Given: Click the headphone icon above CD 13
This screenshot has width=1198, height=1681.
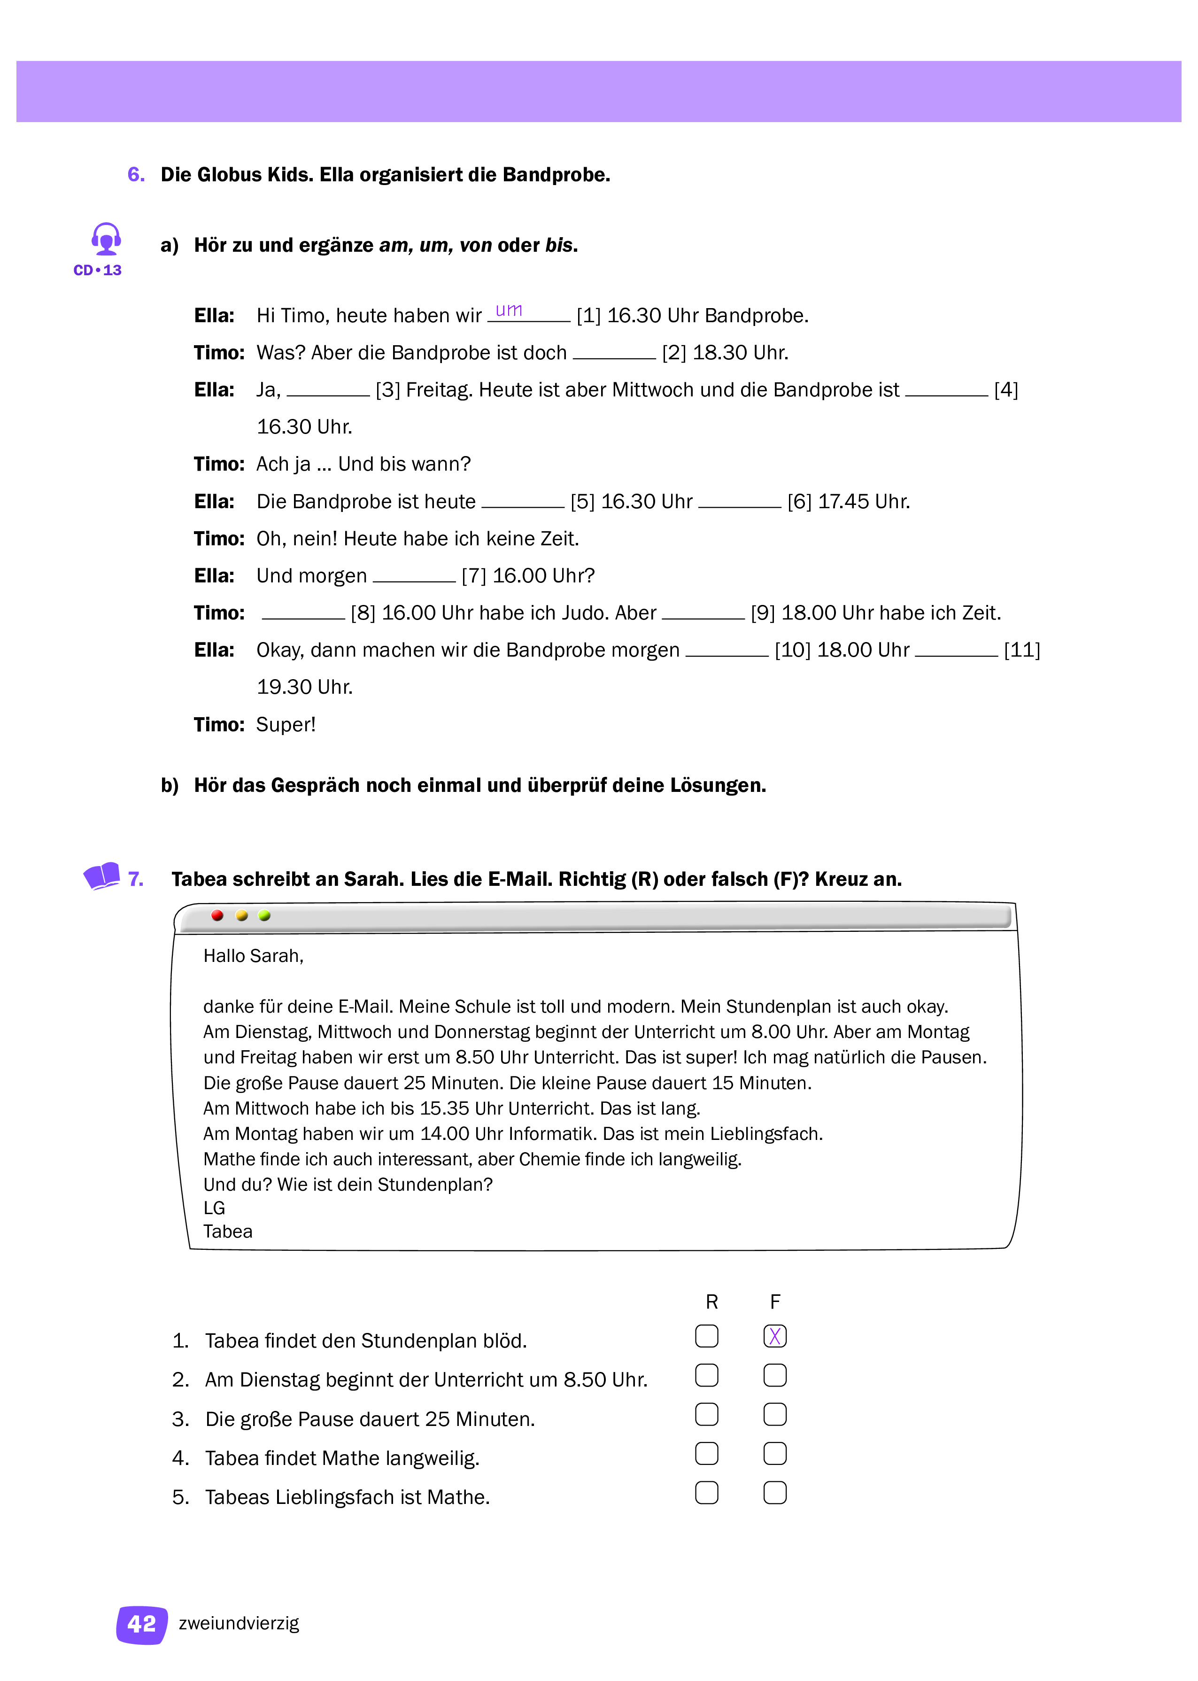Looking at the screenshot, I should click(106, 239).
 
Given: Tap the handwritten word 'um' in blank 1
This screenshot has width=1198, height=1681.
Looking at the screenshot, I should click(509, 310).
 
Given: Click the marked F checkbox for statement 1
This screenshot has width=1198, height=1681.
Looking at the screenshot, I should click(774, 1336).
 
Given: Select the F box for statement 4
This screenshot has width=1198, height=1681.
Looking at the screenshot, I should click(774, 1453).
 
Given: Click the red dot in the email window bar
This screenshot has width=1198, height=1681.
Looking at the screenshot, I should click(217, 915).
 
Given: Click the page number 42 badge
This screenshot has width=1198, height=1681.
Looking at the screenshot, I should click(142, 1624).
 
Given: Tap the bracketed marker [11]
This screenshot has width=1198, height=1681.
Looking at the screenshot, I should click(1022, 650).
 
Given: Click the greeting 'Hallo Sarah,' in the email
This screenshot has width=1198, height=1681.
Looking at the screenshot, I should click(253, 956).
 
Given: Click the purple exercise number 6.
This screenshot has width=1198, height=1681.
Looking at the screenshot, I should click(136, 174).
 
